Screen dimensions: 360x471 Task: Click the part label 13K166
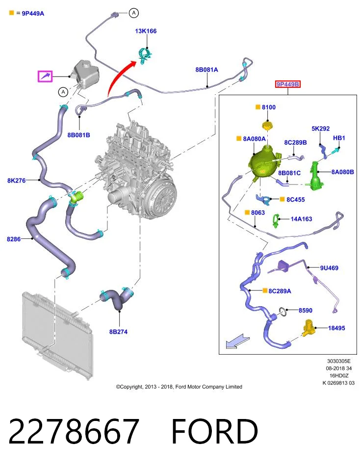pyautogui.click(x=146, y=31)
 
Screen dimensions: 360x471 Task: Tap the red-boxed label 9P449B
pyautogui.click(x=287, y=84)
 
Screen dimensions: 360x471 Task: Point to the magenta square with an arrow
pyautogui.click(x=45, y=76)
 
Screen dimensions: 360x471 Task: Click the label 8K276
pyautogui.click(x=17, y=180)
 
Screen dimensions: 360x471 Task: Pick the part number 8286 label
pyautogui.click(x=14, y=239)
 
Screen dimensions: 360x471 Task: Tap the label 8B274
pyautogui.click(x=118, y=332)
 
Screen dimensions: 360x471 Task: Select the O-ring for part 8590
pyautogui.click(x=283, y=313)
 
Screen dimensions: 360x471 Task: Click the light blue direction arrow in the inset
pyautogui.click(x=237, y=341)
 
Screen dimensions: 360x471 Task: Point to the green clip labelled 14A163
pyautogui.click(x=276, y=221)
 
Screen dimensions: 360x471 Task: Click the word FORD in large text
pyautogui.click(x=215, y=431)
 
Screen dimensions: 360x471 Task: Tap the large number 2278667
pyautogui.click(x=74, y=431)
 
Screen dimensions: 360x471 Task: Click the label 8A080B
pyautogui.click(x=342, y=172)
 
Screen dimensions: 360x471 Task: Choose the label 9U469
pyautogui.click(x=329, y=268)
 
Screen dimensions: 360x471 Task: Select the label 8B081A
pyautogui.click(x=206, y=70)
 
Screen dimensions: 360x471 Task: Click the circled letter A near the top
pyautogui.click(x=133, y=13)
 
